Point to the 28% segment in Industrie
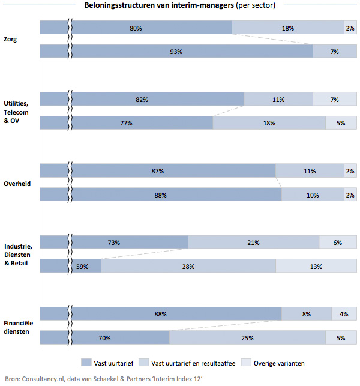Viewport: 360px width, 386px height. click(x=188, y=267)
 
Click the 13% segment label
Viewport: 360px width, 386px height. click(x=316, y=267)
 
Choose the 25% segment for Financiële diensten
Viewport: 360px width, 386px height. click(x=247, y=338)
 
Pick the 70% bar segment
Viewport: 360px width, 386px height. click(x=104, y=338)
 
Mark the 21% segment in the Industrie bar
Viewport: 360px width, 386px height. click(x=253, y=243)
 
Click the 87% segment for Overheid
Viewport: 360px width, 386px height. click(x=158, y=171)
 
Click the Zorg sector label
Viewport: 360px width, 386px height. click(x=10, y=40)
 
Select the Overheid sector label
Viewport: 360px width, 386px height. click(x=17, y=183)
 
